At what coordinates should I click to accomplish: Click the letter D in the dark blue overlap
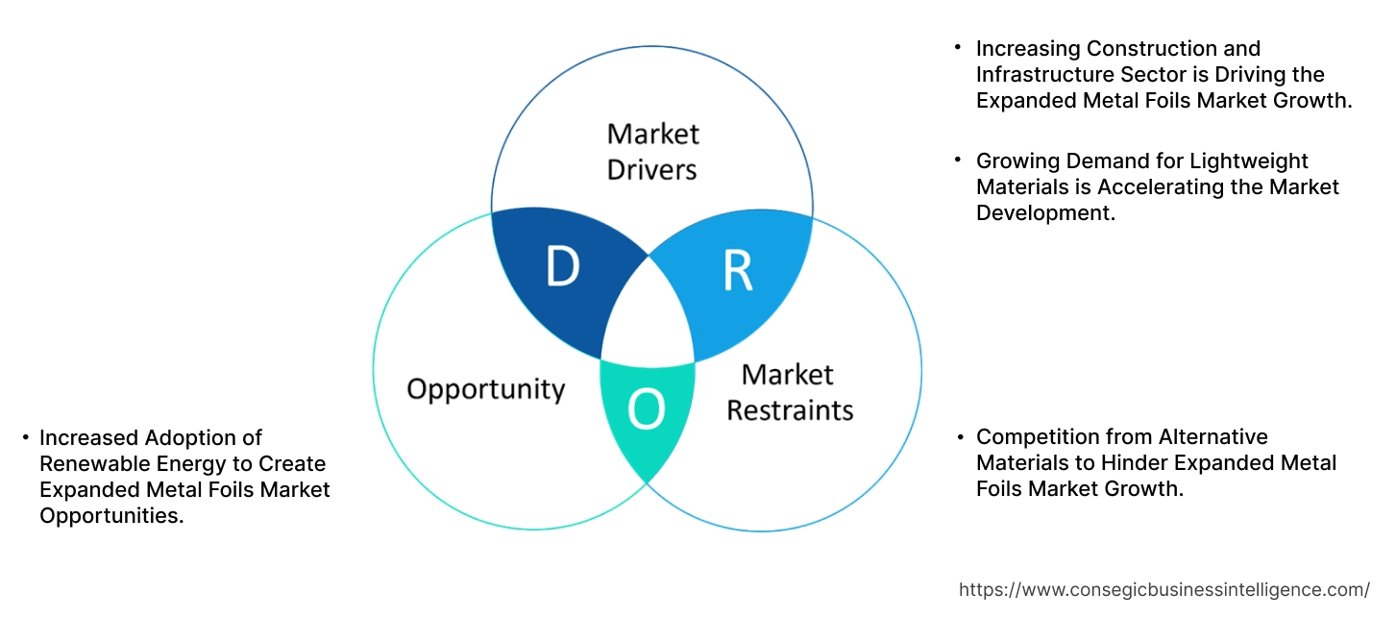pyautogui.click(x=562, y=268)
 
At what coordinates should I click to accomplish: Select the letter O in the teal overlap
pyautogui.click(x=646, y=411)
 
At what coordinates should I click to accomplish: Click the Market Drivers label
pyautogui.click(x=652, y=151)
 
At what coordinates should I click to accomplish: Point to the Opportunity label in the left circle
pyautogui.click(x=485, y=389)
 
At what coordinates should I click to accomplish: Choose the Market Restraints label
pyautogui.click(x=789, y=392)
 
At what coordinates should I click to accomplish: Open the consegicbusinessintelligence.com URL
pyautogui.click(x=1164, y=589)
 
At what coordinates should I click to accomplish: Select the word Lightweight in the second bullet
pyautogui.click(x=1247, y=161)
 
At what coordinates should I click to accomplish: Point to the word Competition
pyautogui.click(x=1035, y=437)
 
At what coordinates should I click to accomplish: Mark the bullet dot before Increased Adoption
pyautogui.click(x=25, y=438)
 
